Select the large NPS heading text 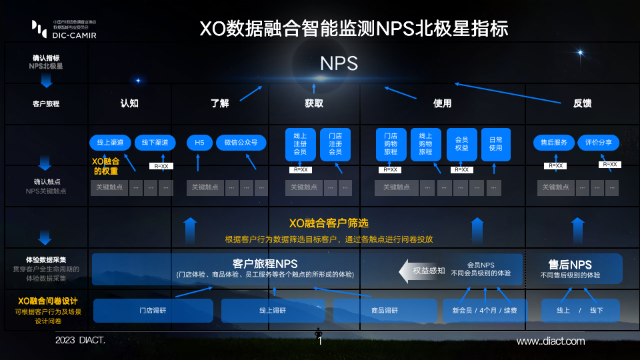(x=339, y=63)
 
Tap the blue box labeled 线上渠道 (x=110, y=143)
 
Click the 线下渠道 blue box (x=155, y=143)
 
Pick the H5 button (x=199, y=143)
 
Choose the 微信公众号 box (x=241, y=143)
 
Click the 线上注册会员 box (x=301, y=143)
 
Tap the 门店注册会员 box (x=335, y=143)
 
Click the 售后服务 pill (x=553, y=143)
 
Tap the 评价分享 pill (x=599, y=143)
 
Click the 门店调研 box (x=153, y=311)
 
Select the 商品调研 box (x=384, y=311)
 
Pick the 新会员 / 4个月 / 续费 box (x=484, y=311)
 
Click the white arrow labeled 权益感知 (x=421, y=271)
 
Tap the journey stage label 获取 (x=314, y=103)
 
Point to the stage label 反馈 (x=583, y=103)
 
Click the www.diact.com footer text (x=551, y=341)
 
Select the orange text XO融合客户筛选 (x=329, y=223)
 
